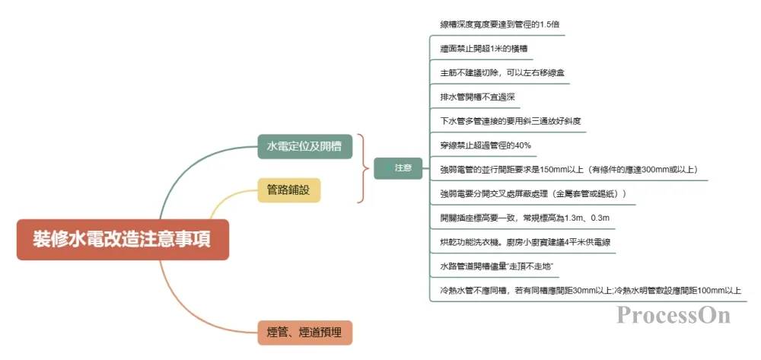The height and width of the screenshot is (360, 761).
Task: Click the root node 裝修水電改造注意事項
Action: [x=123, y=240]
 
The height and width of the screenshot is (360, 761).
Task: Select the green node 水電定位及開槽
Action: [x=304, y=146]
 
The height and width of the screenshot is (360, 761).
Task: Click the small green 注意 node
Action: [x=398, y=168]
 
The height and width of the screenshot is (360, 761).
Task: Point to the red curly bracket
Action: [x=362, y=168]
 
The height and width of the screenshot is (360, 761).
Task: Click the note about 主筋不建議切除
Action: [x=501, y=73]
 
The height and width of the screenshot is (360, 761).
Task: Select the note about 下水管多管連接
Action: [x=511, y=121]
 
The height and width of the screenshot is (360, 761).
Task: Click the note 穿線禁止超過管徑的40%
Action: [x=485, y=145]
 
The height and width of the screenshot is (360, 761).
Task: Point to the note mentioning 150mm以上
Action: [x=568, y=169]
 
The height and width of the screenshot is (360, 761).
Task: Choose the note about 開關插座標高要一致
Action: [x=525, y=218]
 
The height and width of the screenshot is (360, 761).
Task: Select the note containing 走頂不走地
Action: [x=496, y=267]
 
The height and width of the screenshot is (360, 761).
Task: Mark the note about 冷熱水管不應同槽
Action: [x=590, y=291]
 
